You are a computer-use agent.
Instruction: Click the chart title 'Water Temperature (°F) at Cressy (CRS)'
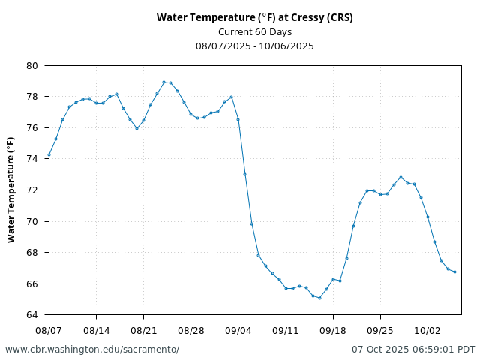pos(254,17)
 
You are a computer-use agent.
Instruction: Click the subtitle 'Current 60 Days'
pos(254,31)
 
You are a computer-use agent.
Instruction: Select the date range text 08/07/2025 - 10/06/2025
pos(254,46)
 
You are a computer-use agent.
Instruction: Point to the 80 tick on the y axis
pos(33,66)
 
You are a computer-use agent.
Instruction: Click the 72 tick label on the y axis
pos(33,190)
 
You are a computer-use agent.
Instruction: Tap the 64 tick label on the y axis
pos(33,315)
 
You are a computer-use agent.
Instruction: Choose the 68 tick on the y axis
pos(33,253)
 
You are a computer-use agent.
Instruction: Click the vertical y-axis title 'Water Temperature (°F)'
pos(11,190)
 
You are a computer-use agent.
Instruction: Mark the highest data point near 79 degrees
pos(163,82)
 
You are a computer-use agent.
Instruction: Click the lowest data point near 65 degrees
pos(319,298)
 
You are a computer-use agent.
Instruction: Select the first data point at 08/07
pos(49,155)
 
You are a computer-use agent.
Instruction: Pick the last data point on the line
pos(454,271)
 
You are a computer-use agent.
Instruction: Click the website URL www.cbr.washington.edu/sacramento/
pos(92,349)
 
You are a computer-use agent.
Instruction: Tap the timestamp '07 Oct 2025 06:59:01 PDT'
pos(413,349)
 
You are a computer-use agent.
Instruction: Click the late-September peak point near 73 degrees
pos(400,177)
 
